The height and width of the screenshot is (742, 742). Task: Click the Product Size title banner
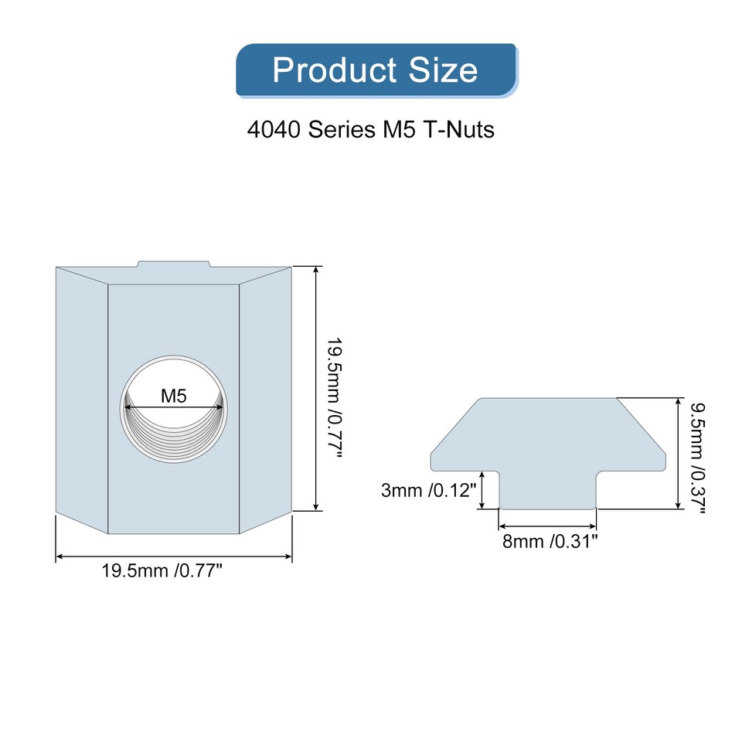point(376,70)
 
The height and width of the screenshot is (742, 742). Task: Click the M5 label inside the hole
point(174,397)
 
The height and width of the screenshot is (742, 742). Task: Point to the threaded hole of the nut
point(174,433)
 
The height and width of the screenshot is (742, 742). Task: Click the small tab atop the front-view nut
point(173,264)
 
